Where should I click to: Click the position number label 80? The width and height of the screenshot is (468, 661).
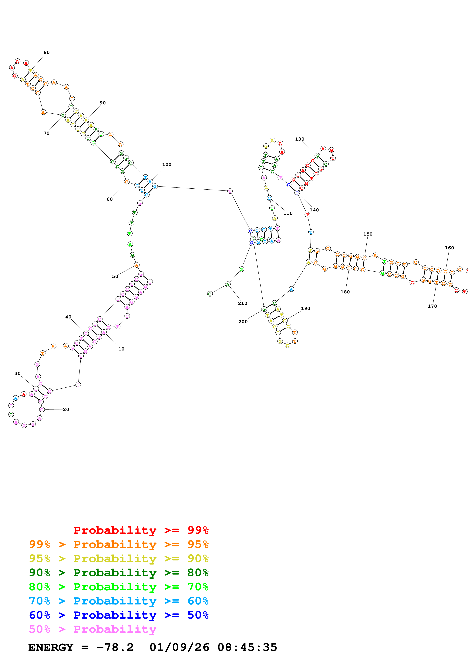click(x=46, y=52)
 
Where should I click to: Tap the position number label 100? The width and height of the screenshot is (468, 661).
click(x=167, y=164)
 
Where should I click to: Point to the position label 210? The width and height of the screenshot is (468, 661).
click(x=243, y=303)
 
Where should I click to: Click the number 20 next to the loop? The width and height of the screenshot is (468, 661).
click(x=66, y=409)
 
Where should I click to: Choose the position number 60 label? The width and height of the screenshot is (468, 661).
click(x=109, y=199)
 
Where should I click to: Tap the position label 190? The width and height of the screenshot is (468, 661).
click(x=305, y=308)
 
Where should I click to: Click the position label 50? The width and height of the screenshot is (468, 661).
click(x=115, y=276)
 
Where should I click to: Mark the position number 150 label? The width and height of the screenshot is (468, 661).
click(x=368, y=234)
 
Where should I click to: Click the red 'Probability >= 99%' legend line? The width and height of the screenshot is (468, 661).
click(x=141, y=530)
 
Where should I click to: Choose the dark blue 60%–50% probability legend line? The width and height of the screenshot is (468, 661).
click(x=119, y=615)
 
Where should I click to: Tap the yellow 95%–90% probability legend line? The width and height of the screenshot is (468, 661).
click(x=119, y=558)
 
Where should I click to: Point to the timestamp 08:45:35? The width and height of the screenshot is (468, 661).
click(x=247, y=647)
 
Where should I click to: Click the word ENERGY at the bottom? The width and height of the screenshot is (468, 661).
click(x=51, y=647)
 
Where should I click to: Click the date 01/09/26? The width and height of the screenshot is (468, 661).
click(x=179, y=647)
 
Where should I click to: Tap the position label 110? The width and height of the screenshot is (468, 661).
click(x=288, y=213)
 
